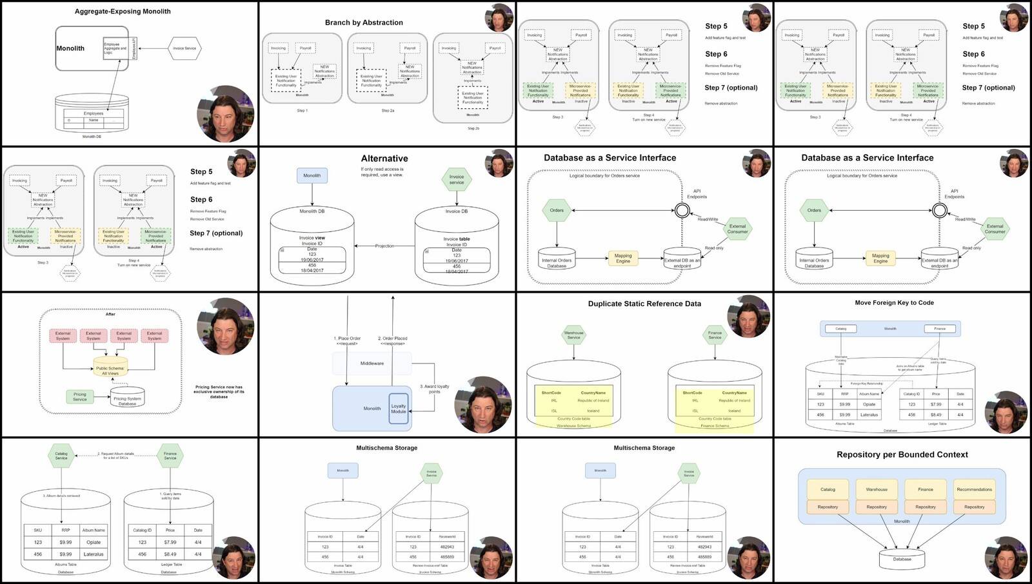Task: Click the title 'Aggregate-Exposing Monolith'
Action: click(x=123, y=12)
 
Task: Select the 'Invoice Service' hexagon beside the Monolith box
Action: click(x=184, y=48)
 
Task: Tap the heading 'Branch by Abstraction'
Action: click(x=364, y=23)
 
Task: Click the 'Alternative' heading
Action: click(x=384, y=159)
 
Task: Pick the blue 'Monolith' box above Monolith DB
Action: click(x=312, y=175)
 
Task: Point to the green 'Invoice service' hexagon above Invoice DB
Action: click(x=457, y=180)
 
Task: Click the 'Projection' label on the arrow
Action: click(x=384, y=246)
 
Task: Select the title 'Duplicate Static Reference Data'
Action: click(x=644, y=304)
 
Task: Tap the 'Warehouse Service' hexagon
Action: click(x=573, y=335)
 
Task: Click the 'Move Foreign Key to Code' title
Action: click(x=894, y=302)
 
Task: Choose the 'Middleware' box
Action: click(x=372, y=364)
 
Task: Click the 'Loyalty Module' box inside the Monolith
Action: click(x=399, y=409)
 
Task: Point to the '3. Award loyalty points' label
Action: click(x=435, y=389)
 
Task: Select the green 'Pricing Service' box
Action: click(x=80, y=396)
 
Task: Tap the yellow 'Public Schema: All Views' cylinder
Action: click(x=110, y=368)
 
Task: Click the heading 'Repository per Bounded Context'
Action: click(x=902, y=454)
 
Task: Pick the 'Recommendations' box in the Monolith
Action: click(x=974, y=489)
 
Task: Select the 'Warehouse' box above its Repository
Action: click(x=877, y=489)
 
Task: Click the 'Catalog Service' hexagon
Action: click(x=61, y=456)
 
